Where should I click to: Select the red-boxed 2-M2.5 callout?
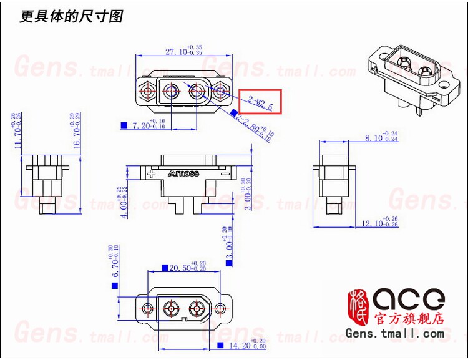point(261,102)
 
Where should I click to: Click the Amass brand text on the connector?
point(183,173)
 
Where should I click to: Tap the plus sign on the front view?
point(150,174)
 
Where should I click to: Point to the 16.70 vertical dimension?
point(76,131)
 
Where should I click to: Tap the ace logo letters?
point(408,298)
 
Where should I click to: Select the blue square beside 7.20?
point(123,125)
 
